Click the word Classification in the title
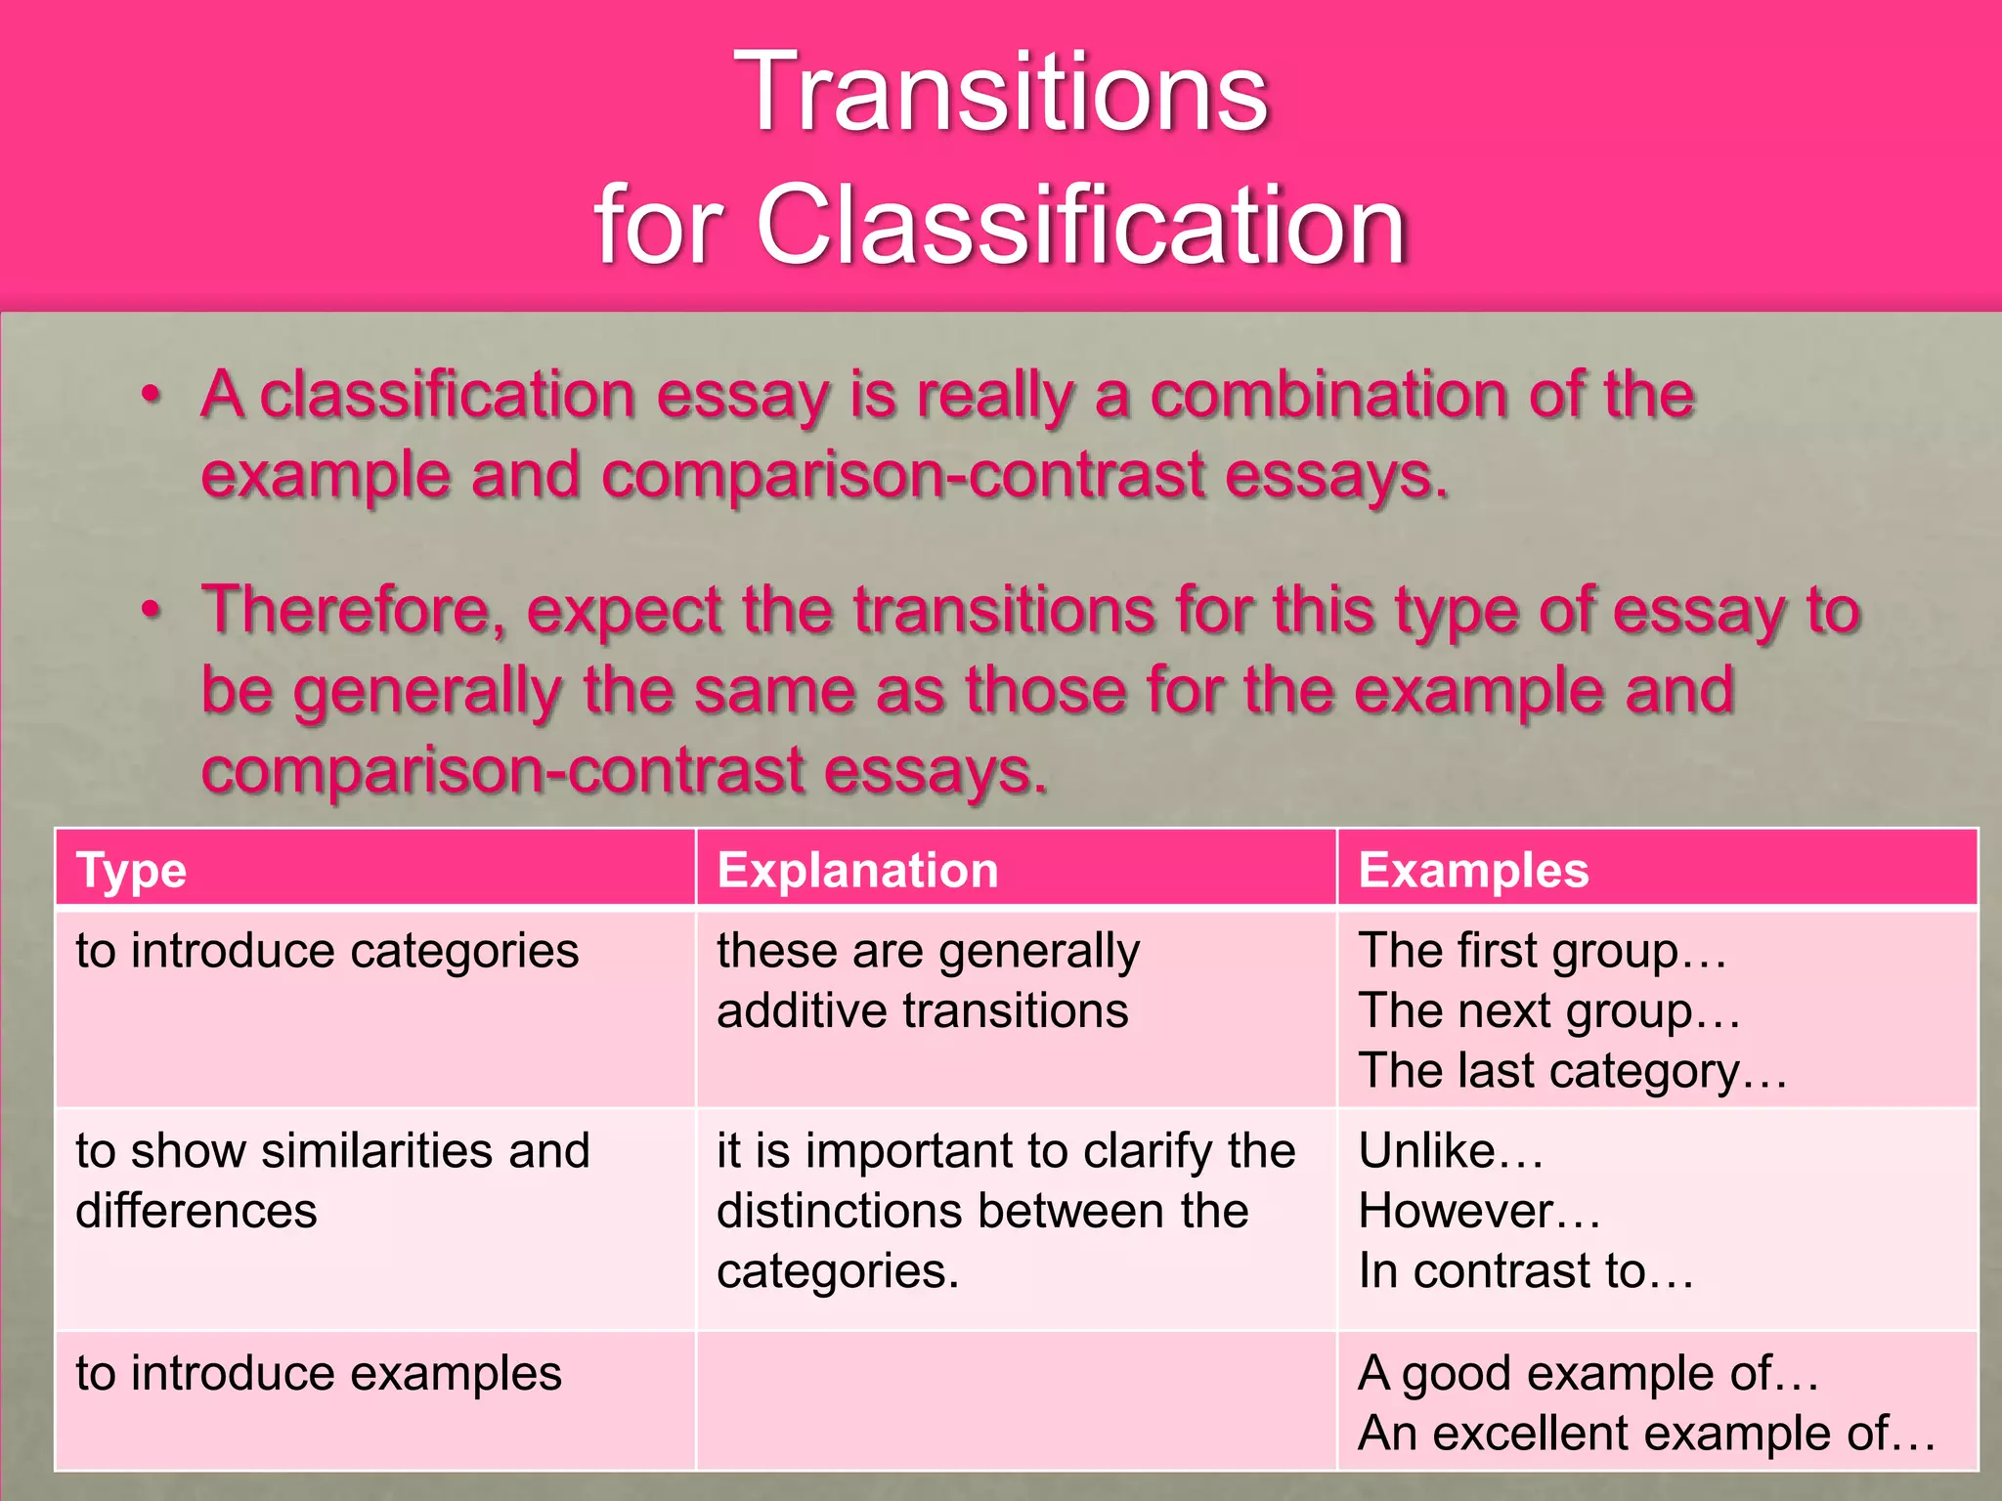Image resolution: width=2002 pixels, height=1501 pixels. click(1080, 225)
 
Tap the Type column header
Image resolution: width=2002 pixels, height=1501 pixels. click(131, 870)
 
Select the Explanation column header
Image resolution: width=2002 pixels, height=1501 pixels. click(857, 870)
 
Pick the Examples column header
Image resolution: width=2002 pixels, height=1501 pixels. click(1473, 870)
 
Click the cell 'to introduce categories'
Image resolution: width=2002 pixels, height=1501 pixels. click(326, 951)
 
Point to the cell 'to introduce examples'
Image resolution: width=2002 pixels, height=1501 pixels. click(319, 1373)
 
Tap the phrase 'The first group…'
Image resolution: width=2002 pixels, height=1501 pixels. click(1543, 951)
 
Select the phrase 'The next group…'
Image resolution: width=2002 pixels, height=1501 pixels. click(1549, 1010)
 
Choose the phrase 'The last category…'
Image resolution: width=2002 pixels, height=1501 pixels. click(1573, 1071)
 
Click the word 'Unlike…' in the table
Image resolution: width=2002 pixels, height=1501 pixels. click(1451, 1151)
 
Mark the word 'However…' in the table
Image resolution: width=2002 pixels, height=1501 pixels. click(1479, 1212)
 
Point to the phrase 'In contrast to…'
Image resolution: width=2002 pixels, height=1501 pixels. click(1526, 1271)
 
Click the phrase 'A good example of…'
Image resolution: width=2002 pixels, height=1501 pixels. click(1589, 1373)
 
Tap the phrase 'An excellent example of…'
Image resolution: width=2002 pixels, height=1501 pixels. click(1646, 1434)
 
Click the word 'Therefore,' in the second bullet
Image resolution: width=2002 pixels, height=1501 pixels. click(354, 611)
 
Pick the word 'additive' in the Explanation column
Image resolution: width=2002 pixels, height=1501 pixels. click(799, 1010)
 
